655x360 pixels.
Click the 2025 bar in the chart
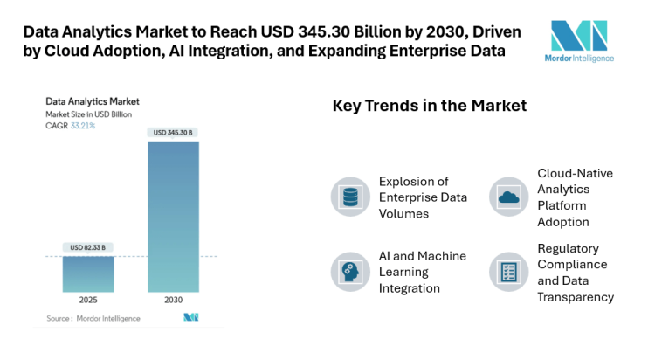[x=87, y=273]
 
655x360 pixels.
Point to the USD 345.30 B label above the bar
[x=173, y=133]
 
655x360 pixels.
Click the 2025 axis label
[x=87, y=300]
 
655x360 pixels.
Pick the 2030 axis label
[x=173, y=300]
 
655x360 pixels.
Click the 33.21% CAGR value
[x=83, y=126]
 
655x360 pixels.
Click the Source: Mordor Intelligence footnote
[x=93, y=318]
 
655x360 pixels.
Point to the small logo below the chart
[x=190, y=318]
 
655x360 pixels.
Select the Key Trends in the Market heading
[x=429, y=106]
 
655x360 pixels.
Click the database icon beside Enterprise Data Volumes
[x=349, y=197]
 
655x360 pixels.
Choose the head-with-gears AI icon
[x=349, y=271]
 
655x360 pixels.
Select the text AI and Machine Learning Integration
[x=422, y=272]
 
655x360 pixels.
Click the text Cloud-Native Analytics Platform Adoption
[x=575, y=197]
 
